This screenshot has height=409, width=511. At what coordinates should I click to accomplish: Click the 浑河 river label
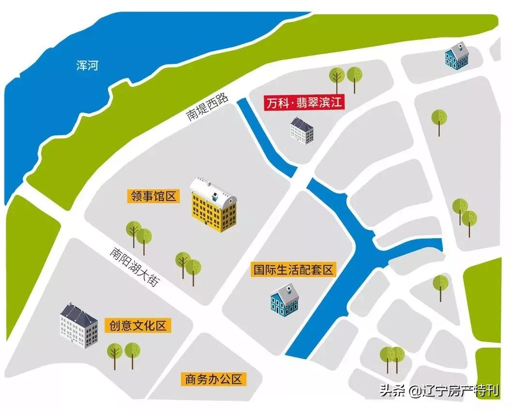pyautogui.click(x=87, y=65)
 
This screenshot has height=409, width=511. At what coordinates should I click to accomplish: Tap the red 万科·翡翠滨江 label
pyautogui.click(x=303, y=103)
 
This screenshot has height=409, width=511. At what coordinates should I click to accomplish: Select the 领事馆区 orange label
pyautogui.click(x=154, y=196)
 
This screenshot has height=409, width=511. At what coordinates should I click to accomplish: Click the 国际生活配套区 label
pyautogui.click(x=294, y=270)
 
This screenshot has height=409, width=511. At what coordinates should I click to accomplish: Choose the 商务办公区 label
pyautogui.click(x=213, y=379)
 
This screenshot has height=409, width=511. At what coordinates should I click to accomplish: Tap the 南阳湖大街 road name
pyautogui.click(x=134, y=268)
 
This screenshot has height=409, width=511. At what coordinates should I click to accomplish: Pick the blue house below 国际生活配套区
pyautogui.click(x=285, y=300)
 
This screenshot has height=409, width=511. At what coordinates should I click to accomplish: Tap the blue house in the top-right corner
pyautogui.click(x=456, y=56)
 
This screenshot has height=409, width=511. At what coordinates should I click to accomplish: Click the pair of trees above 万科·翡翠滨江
pyautogui.click(x=346, y=77)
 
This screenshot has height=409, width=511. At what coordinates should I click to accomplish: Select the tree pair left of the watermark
pyautogui.click(x=391, y=358)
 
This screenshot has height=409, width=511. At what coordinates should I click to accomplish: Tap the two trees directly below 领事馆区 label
pyautogui.click(x=139, y=235)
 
